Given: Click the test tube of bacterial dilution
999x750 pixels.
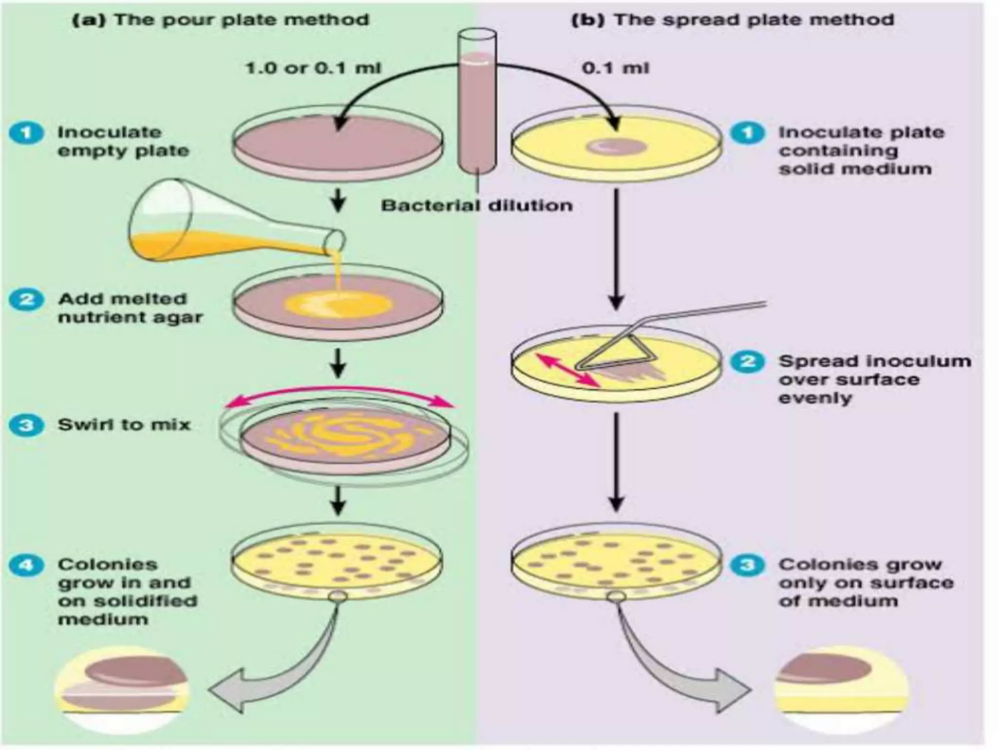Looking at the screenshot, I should click(x=477, y=107).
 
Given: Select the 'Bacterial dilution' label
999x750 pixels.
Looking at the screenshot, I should click(x=477, y=206).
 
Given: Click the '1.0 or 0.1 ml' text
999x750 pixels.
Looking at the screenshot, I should click(x=313, y=68).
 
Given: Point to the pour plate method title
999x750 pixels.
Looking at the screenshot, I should click(x=220, y=20).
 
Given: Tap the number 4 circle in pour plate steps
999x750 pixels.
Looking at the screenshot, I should click(x=26, y=565).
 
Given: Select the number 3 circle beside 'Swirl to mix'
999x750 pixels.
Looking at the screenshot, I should click(x=26, y=425).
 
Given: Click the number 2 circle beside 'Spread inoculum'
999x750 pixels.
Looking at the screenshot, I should click(x=747, y=362).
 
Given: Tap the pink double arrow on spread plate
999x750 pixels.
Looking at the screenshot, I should click(x=568, y=371).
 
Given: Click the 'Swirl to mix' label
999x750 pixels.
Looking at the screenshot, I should click(x=124, y=425).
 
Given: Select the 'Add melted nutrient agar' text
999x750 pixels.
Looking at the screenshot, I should click(x=130, y=308).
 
